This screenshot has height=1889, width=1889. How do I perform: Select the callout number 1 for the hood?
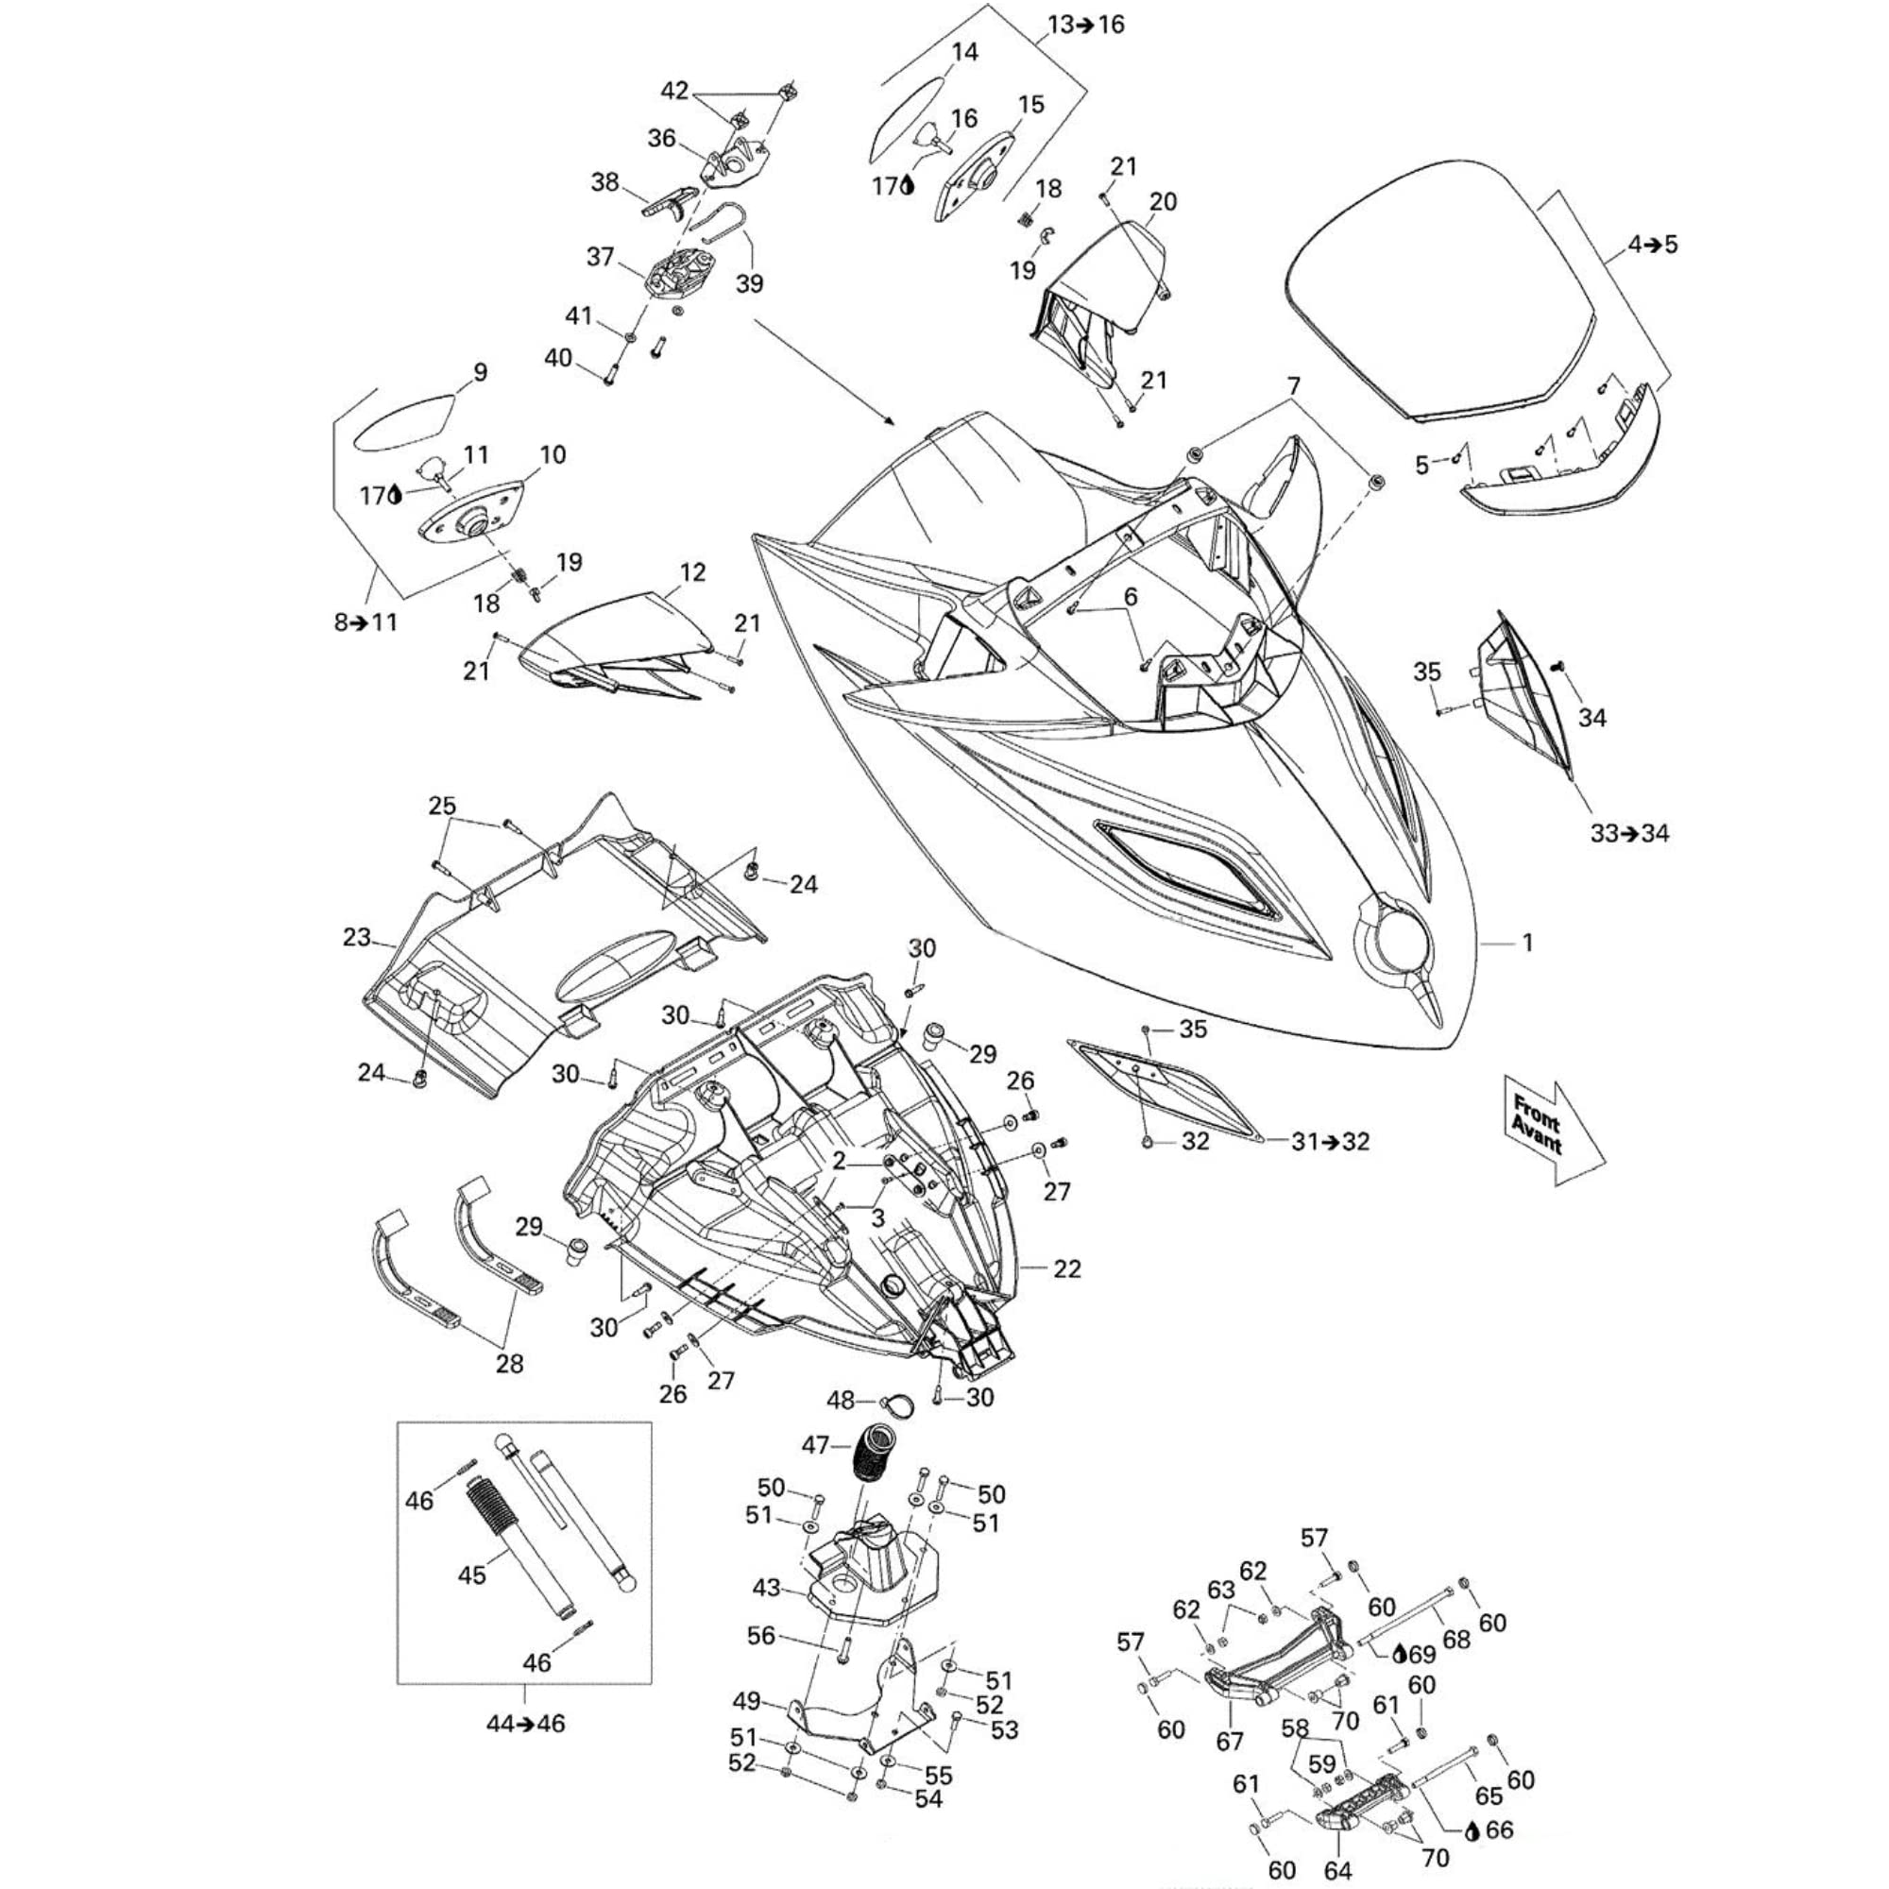[x=1526, y=944]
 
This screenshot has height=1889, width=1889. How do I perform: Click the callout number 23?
[x=356, y=938]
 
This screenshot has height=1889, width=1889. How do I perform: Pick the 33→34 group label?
[x=1630, y=834]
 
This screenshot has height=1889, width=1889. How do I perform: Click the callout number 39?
[x=750, y=283]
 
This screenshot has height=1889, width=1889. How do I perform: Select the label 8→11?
[x=366, y=621]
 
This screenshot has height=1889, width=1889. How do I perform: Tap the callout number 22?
[x=1066, y=1268]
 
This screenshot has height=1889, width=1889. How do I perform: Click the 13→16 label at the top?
[x=1086, y=25]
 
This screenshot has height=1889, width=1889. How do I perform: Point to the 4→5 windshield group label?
[x=1652, y=245]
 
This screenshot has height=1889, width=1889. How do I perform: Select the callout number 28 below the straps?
[x=509, y=1363]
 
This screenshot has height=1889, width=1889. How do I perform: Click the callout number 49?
[x=746, y=1702]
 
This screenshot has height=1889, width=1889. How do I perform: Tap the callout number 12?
[x=692, y=572]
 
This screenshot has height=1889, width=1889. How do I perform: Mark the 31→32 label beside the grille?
[x=1330, y=1141]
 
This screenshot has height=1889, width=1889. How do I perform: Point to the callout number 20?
[x=1163, y=201]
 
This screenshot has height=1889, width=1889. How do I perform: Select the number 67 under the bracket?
[x=1229, y=1742]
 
